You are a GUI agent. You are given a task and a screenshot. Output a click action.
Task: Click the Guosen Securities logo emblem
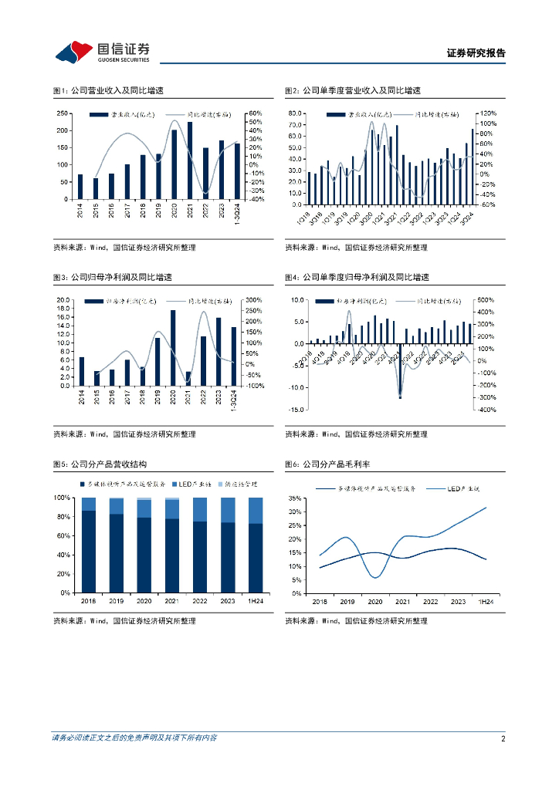(73, 51)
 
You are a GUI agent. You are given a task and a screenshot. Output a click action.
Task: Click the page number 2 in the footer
(503, 738)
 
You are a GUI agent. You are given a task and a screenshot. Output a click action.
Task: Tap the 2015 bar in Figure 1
(96, 188)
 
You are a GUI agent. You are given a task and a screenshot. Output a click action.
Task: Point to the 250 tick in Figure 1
(60, 113)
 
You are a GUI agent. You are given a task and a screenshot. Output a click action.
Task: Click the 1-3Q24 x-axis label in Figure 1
(238, 214)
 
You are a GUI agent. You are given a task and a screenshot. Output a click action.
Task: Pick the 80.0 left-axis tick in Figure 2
(294, 113)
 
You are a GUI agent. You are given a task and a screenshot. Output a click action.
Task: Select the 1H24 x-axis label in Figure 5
(255, 600)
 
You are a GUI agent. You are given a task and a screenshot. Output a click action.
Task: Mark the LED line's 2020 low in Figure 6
(375, 577)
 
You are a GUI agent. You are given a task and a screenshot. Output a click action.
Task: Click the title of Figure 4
(357, 277)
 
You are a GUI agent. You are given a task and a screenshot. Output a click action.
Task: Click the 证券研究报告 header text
(476, 53)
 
